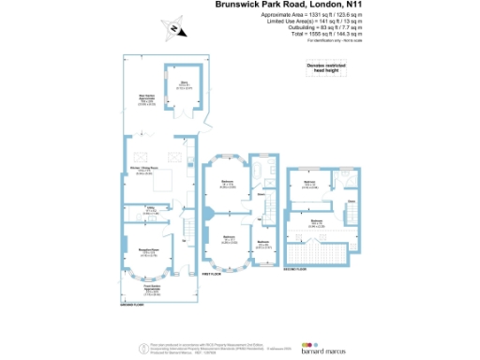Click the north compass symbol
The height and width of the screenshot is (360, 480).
pyautogui.click(x=174, y=29)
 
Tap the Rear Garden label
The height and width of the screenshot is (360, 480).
pyautogui.click(x=146, y=97)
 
